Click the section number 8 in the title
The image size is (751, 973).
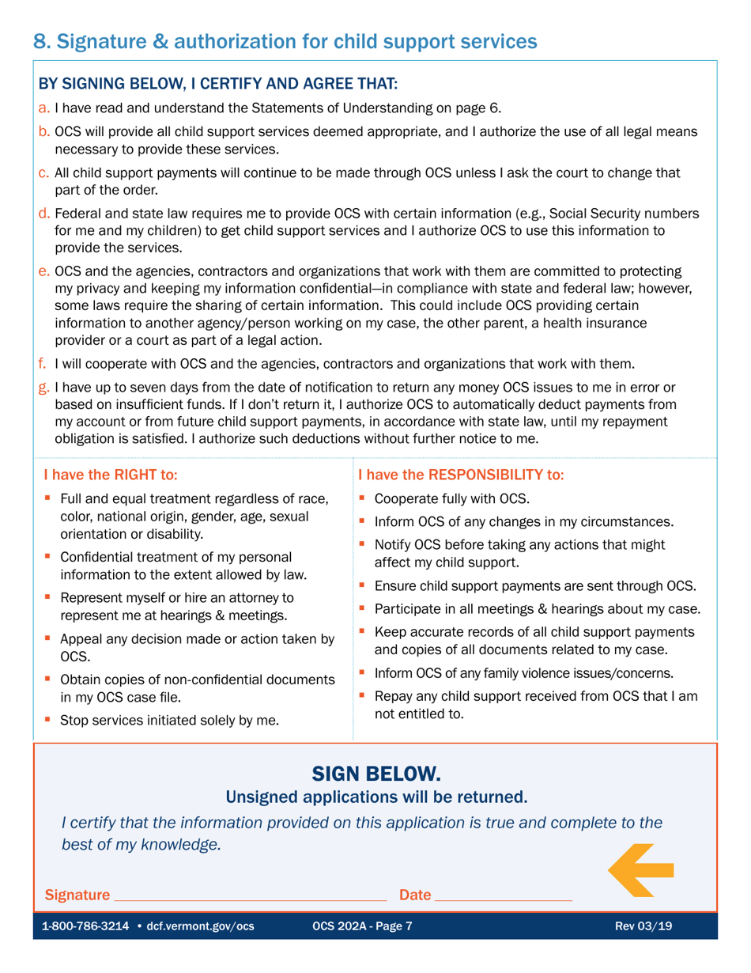[x=40, y=41]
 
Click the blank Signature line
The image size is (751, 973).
[x=251, y=895]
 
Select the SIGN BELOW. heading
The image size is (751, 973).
[x=375, y=772]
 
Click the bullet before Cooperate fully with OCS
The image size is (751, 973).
[x=363, y=499]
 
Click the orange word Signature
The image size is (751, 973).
[x=77, y=895]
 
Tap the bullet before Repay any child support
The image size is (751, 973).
[x=363, y=696]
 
